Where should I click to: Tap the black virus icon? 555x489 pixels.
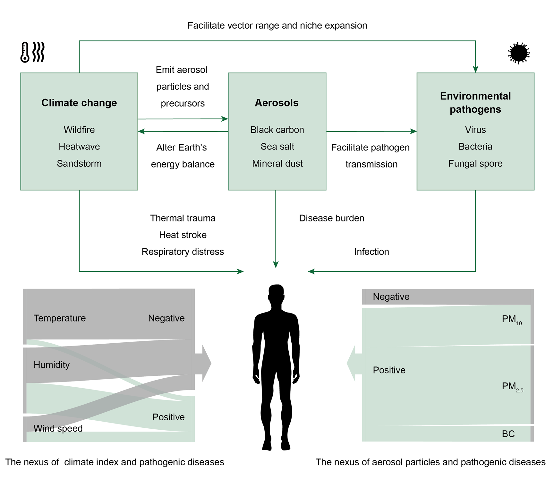coord(518,53)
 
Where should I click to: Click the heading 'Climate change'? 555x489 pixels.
coord(79,103)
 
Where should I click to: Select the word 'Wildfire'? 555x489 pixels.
coord(79,130)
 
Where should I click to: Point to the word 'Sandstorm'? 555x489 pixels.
coord(79,163)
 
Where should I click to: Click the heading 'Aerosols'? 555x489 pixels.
coord(277,103)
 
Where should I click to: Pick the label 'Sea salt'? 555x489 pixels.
coord(277,147)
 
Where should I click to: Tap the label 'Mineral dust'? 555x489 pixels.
coord(277,163)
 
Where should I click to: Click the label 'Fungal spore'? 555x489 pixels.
coord(475,163)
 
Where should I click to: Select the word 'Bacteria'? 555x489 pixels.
coord(475,147)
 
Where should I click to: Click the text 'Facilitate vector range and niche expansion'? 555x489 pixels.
coord(277,25)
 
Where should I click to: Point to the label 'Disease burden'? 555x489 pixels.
coord(331,218)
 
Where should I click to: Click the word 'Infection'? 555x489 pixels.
coord(371,252)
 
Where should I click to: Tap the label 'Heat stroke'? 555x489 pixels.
coord(183,235)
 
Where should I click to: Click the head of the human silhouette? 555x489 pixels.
coord(276,293)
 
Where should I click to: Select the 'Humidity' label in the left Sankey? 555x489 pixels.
coord(52,365)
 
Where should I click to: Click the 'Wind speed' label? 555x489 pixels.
coord(58,428)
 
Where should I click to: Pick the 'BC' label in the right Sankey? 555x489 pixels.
coord(508,434)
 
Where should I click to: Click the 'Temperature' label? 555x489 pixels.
coord(60,318)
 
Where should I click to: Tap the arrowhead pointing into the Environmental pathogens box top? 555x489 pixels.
coord(475,69)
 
